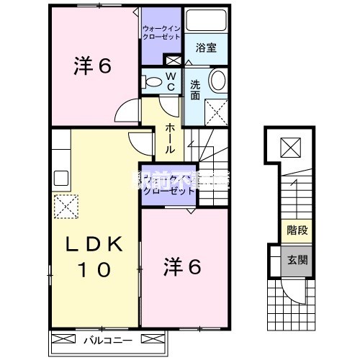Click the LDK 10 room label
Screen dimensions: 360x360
90,257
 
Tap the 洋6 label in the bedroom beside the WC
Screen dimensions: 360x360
91,67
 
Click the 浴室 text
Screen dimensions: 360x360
206,48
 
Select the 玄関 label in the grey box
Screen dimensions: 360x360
293,261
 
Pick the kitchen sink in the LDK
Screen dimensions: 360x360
59,176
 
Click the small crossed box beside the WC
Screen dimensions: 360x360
172,60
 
